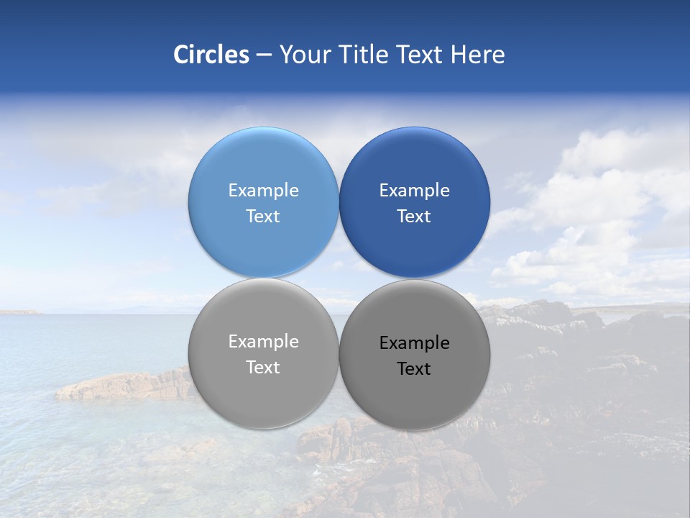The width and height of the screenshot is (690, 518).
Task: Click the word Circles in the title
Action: pos(211,55)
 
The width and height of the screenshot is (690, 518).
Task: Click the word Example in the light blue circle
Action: pos(263,191)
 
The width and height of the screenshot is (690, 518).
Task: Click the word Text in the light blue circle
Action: pos(263,217)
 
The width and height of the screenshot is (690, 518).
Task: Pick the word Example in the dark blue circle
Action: pos(414,191)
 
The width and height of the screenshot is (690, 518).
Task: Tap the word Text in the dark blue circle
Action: pos(414,217)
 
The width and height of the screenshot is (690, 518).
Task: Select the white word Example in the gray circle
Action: pos(263,342)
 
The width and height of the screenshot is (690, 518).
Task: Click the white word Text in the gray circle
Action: pos(263,368)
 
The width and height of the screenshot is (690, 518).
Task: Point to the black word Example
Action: pos(414,343)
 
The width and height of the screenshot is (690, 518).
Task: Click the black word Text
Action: pos(414,369)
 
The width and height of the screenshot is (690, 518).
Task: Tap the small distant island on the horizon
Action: pos(18,312)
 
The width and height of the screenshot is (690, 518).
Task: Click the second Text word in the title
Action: pos(420,55)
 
